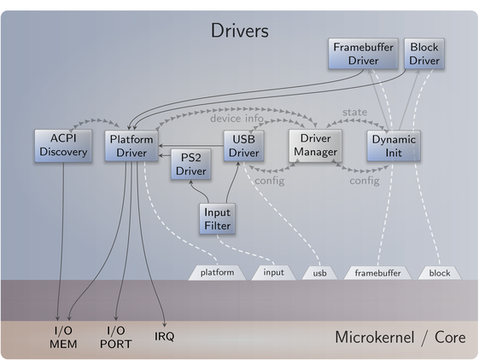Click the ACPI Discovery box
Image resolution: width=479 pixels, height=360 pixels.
(63, 146)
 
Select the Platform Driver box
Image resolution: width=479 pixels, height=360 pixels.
(131, 146)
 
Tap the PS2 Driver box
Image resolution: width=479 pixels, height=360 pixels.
(191, 165)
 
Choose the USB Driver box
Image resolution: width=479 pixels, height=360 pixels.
(244, 146)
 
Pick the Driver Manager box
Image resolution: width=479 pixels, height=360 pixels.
(315, 146)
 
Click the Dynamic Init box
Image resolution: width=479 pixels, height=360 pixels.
(394, 146)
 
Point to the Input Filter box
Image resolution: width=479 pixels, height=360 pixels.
(217, 219)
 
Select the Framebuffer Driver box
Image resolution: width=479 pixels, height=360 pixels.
(363, 54)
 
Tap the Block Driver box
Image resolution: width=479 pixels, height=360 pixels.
(424, 54)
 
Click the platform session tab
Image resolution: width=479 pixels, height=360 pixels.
(217, 273)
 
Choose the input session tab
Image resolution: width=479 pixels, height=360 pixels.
(274, 273)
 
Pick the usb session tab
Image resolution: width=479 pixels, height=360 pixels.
(320, 273)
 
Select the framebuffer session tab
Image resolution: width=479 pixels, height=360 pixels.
(378, 273)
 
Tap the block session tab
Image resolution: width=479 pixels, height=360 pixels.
(440, 273)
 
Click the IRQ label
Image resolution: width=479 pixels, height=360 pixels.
(164, 336)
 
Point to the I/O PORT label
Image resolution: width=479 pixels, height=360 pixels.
(116, 338)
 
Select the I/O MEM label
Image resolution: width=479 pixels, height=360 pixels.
(63, 338)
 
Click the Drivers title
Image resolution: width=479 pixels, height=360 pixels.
(240, 31)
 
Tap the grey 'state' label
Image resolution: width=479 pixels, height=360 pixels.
(354, 113)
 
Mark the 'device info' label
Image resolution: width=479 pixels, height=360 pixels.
(237, 119)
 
